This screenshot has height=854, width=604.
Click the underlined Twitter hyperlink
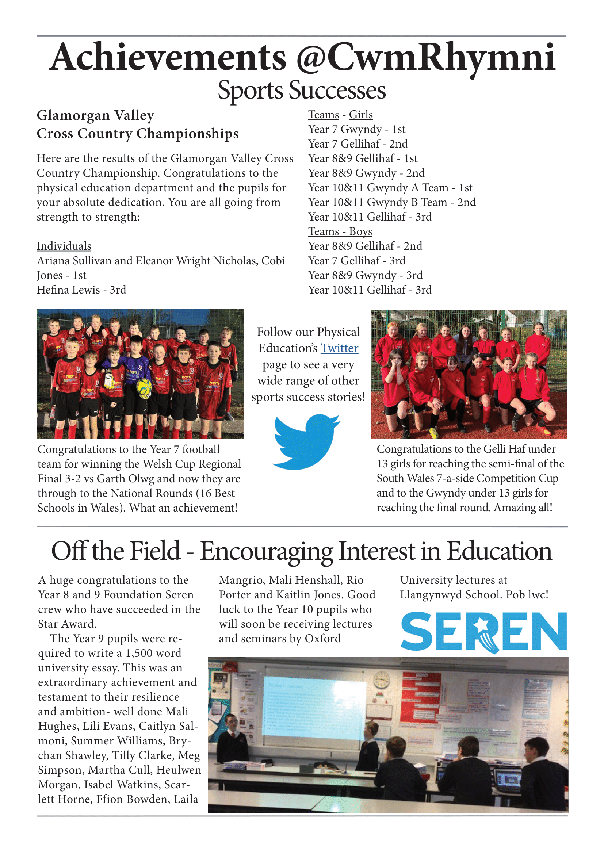339,348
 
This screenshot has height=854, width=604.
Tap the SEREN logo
483,632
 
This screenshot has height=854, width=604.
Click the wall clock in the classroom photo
381,679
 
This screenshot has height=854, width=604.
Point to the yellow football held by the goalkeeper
144,388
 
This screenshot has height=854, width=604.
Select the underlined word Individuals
64,246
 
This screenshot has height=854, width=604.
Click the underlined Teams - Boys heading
340,232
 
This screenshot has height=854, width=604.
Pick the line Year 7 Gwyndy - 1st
356,130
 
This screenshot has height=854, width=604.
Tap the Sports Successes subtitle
302,91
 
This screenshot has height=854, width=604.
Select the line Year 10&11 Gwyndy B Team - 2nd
391,202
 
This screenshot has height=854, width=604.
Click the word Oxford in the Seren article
322,639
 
